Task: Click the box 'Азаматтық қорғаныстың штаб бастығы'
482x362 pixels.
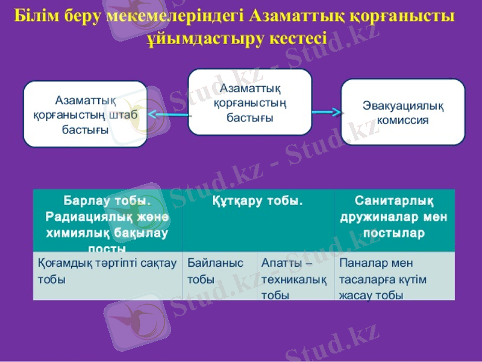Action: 85,114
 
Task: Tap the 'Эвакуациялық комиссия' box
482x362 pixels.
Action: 403,112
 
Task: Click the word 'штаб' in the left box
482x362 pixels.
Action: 122,115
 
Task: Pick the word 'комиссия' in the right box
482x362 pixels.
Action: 403,119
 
